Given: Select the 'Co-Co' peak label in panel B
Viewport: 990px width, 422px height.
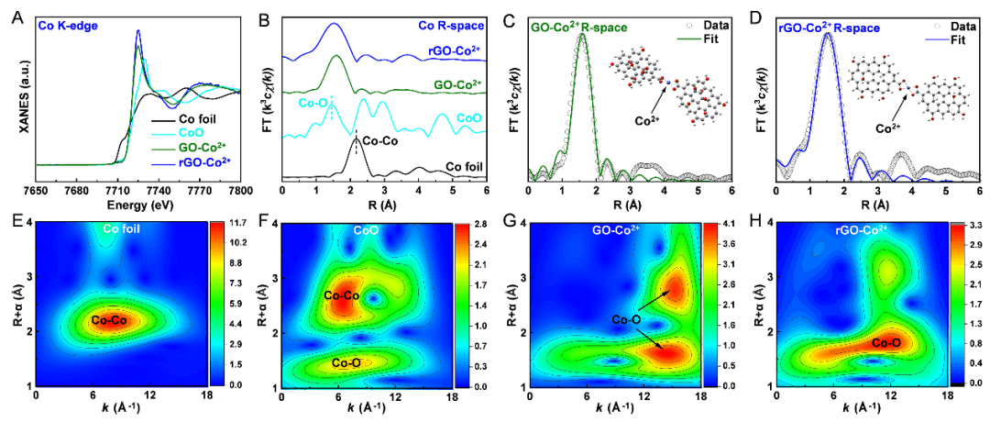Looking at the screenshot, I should (x=380, y=142).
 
